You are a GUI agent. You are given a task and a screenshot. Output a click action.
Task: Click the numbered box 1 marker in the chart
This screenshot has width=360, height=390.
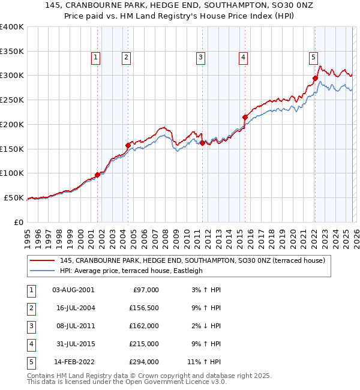point(96,58)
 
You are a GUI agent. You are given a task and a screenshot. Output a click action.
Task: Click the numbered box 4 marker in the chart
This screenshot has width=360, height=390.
point(244,58)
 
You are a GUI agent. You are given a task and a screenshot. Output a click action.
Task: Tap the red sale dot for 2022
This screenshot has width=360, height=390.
point(315,77)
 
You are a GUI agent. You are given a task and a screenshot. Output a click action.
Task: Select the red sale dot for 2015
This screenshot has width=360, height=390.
point(245,117)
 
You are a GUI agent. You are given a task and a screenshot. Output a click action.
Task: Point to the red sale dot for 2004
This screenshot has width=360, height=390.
point(128,145)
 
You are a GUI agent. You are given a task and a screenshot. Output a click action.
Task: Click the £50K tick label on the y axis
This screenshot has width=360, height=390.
point(14,197)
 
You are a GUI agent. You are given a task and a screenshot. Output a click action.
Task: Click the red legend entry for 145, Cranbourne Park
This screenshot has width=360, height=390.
point(192,260)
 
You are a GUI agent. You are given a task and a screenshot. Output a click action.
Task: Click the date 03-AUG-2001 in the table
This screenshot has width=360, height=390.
point(73,289)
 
